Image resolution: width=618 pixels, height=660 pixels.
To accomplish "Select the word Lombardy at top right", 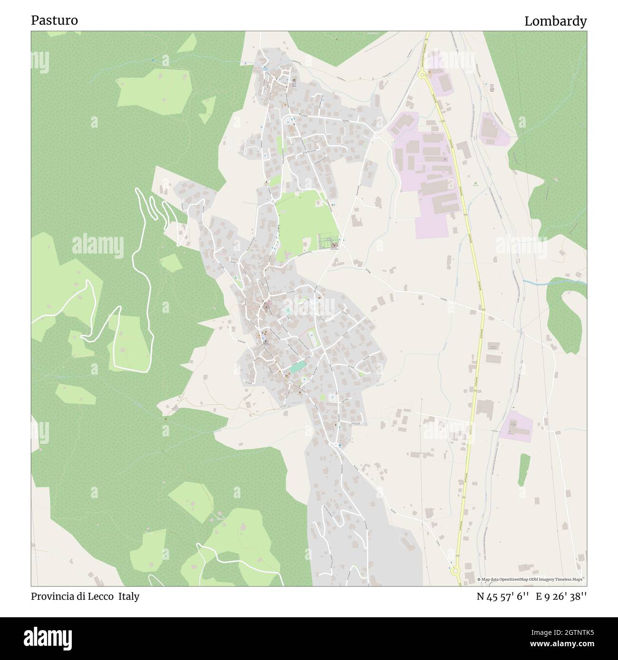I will tap(555, 21).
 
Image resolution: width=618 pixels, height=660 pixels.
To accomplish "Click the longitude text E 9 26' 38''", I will tap(561, 597).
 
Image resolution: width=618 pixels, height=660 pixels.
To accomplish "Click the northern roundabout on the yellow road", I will tap(421, 74).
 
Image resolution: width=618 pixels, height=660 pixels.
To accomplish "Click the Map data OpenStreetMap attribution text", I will tap(531, 580).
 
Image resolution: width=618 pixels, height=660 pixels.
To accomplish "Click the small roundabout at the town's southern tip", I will tap(337, 444).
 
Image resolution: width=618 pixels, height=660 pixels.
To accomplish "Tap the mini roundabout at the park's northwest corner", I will tap(273, 202).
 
